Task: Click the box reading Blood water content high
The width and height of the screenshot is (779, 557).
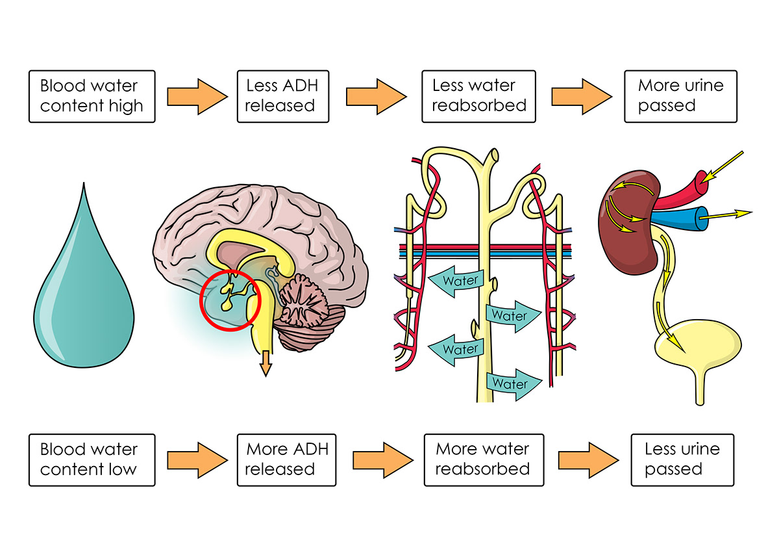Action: click(92, 96)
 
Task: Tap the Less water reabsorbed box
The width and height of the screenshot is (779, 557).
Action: click(478, 96)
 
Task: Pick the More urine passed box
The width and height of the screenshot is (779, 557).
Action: click(680, 96)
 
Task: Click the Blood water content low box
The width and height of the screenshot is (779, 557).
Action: click(92, 460)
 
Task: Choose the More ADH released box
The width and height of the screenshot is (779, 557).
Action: click(286, 460)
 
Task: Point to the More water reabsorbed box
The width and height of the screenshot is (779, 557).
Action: click(482, 460)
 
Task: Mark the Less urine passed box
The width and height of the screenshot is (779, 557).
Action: click(682, 460)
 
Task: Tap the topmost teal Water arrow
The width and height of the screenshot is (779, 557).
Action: click(454, 281)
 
